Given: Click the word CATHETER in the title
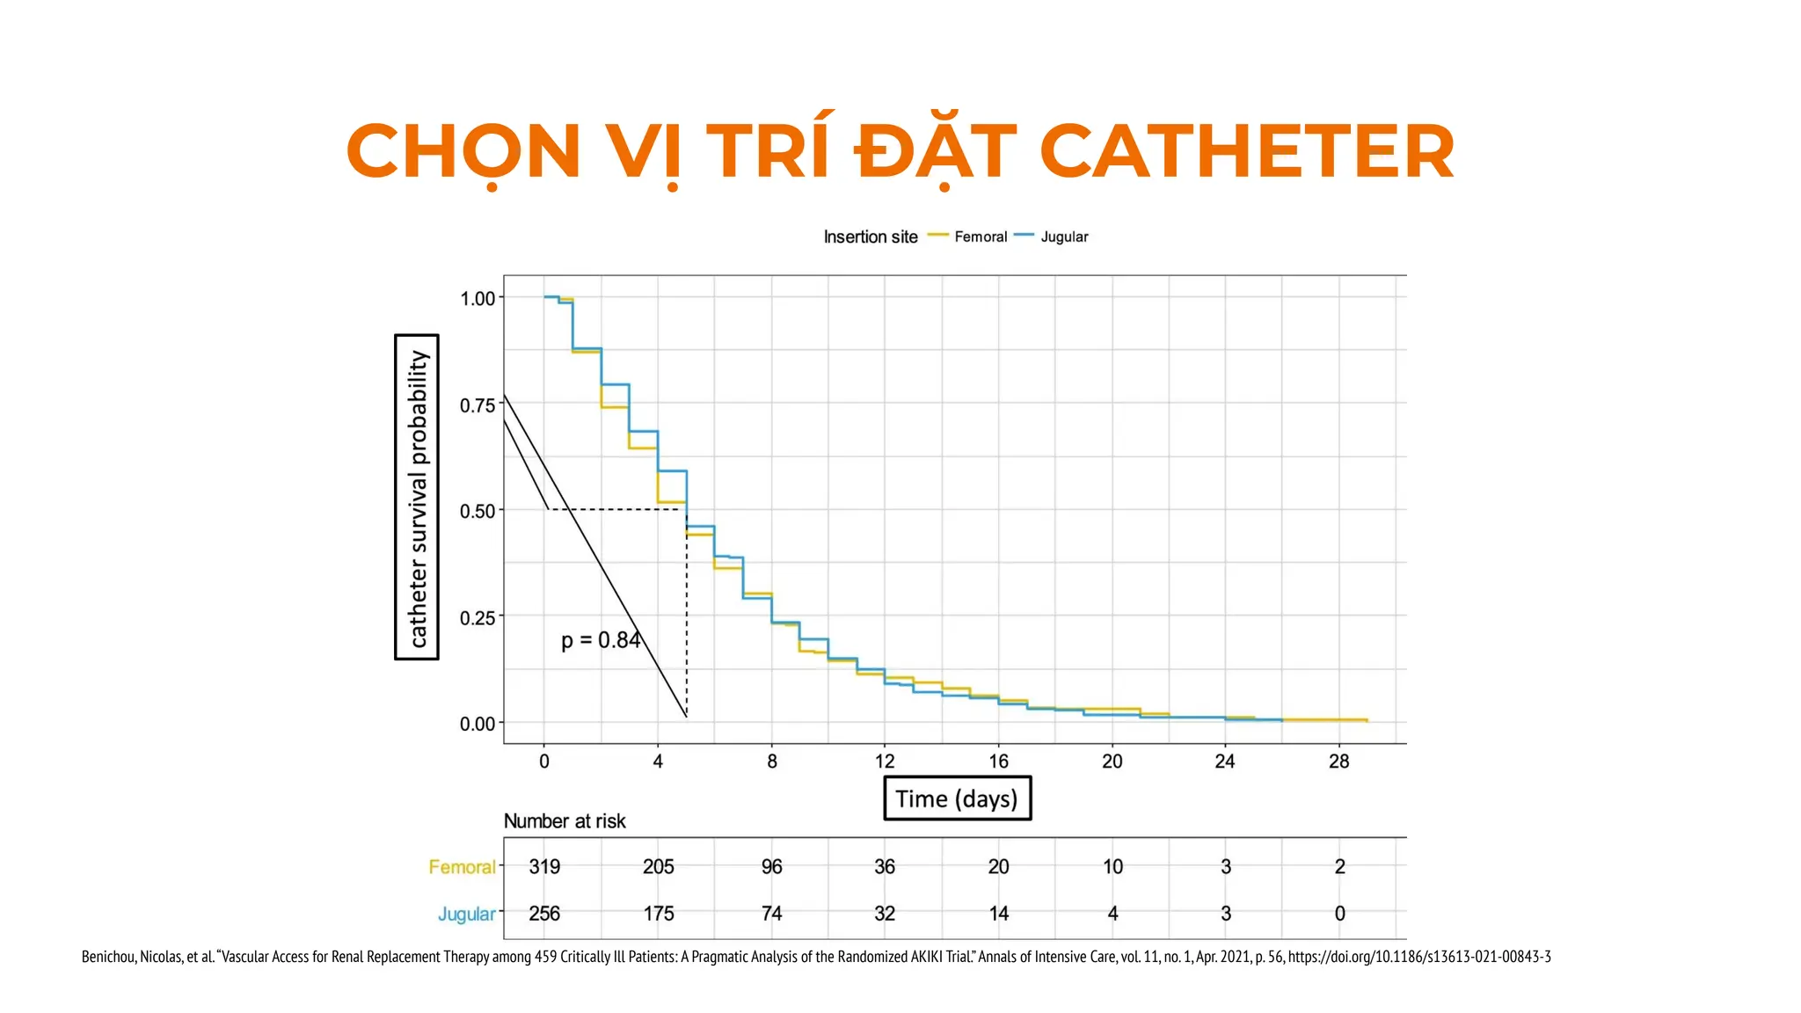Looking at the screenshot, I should tap(1246, 152).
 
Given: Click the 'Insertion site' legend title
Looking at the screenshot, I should tap(870, 237).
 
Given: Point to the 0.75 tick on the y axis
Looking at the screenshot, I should tap(478, 405).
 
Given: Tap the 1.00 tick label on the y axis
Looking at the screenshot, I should tap(478, 299).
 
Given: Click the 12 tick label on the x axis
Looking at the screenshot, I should tap(885, 762).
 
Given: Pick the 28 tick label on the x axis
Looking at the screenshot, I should tap(1338, 762).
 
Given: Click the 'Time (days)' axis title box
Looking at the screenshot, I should tap(957, 798).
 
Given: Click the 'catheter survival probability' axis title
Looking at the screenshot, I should tap(417, 497).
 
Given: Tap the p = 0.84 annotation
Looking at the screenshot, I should tap(601, 640).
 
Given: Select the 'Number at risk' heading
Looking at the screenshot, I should tap(565, 821).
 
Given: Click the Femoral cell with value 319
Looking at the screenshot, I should tap(544, 867).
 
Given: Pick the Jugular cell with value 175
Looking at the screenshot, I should tap(658, 914).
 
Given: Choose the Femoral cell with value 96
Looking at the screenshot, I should tap(771, 867).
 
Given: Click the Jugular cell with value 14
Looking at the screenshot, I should tap(998, 914).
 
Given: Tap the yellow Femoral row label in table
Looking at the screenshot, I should tap(462, 867).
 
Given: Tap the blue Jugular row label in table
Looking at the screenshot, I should tap(466, 915).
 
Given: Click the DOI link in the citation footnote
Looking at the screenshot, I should tap(1418, 957).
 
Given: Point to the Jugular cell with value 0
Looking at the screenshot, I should tap(1339, 914).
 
